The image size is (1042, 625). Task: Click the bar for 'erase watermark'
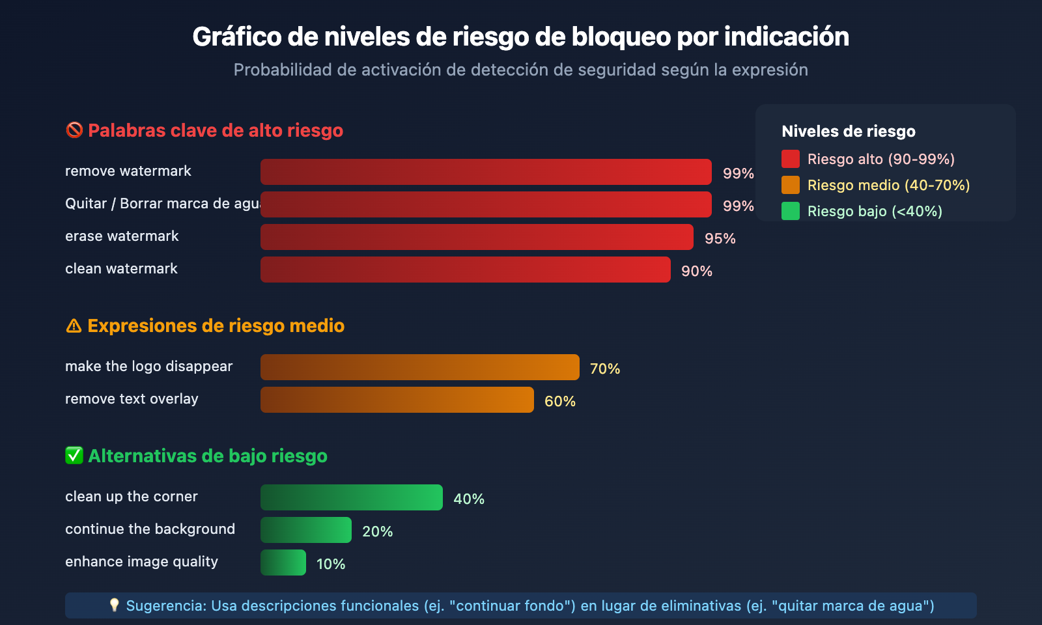pos(477,237)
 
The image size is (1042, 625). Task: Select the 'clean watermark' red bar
pos(465,270)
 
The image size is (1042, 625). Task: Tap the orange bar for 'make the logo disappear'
pos(419,367)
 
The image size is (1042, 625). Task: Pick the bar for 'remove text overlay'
pos(397,400)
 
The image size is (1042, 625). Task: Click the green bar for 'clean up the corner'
pos(351,497)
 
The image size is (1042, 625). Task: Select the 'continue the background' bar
pos(305,530)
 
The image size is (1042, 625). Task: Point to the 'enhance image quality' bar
pos(283,562)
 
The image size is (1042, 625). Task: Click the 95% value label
pos(720,239)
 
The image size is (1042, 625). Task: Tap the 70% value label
pos(604,369)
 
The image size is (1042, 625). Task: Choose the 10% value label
pos(330,564)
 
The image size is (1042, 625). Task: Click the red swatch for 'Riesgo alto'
pos(790,159)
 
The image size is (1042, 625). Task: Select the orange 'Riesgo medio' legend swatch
pos(790,185)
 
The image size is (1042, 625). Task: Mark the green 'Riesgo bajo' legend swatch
pos(790,211)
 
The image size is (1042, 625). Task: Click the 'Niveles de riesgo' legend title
pos(848,132)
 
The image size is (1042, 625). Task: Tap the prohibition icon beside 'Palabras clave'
pos(74,130)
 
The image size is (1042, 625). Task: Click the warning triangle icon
pos(74,326)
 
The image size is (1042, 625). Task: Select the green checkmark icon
pos(74,456)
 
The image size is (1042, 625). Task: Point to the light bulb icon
pos(115,605)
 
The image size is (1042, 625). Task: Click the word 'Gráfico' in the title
pos(236,37)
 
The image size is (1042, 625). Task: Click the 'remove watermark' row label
pos(128,171)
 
